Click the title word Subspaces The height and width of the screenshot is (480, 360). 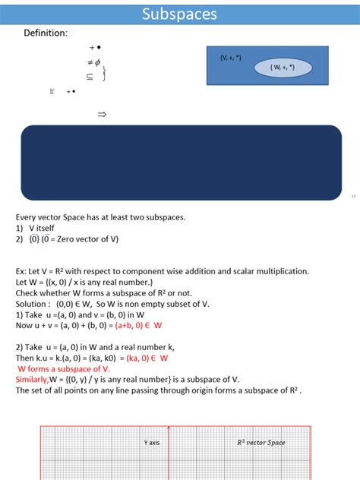pos(179,14)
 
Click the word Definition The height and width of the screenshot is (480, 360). pos(46,33)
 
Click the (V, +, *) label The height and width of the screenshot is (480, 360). pos(231,58)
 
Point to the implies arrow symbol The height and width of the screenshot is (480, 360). pos(102,115)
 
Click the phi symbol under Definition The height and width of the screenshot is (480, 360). pos(98,62)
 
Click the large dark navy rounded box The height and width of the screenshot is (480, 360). pos(181,163)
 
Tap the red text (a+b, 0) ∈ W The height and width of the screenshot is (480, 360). pos(138,325)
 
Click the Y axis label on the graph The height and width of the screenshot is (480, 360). pos(152,442)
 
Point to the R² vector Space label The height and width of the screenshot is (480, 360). pos(261,442)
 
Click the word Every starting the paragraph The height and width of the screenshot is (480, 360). pos(28,217)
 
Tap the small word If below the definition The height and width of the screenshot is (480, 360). pos(52,91)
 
